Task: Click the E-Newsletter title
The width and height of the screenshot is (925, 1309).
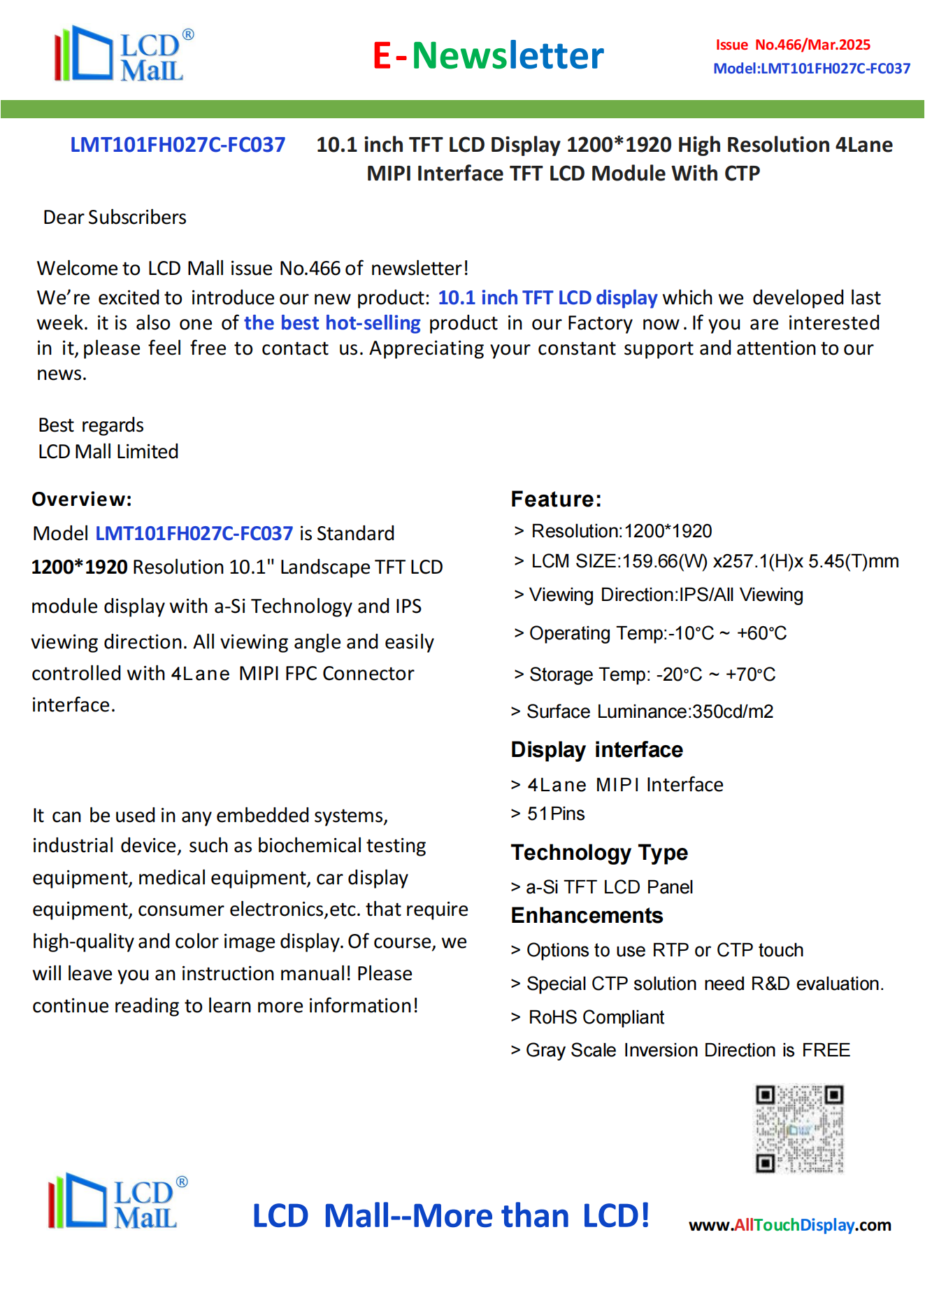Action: (x=488, y=56)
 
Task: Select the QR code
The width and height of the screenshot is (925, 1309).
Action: (x=799, y=1128)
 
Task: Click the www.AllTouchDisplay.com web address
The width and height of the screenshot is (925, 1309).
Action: (x=789, y=1225)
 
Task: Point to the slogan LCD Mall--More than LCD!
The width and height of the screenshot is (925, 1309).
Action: (x=451, y=1216)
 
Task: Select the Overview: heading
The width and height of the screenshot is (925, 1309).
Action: (x=82, y=500)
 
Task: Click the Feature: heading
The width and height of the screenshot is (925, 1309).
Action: (x=556, y=500)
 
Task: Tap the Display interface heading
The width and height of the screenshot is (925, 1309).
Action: (x=596, y=750)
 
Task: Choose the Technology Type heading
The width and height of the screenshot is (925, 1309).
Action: (x=599, y=853)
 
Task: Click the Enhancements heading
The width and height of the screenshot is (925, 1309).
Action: (x=587, y=916)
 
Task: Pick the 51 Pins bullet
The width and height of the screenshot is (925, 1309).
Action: (x=549, y=814)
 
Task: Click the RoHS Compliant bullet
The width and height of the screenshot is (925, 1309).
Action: (x=588, y=1017)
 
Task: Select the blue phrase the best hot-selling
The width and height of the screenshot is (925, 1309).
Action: (x=332, y=323)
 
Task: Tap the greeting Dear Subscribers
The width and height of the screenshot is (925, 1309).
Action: (x=115, y=218)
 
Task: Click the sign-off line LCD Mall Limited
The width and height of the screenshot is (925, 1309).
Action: (x=108, y=452)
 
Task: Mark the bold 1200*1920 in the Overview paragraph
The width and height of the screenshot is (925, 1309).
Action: (x=80, y=567)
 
